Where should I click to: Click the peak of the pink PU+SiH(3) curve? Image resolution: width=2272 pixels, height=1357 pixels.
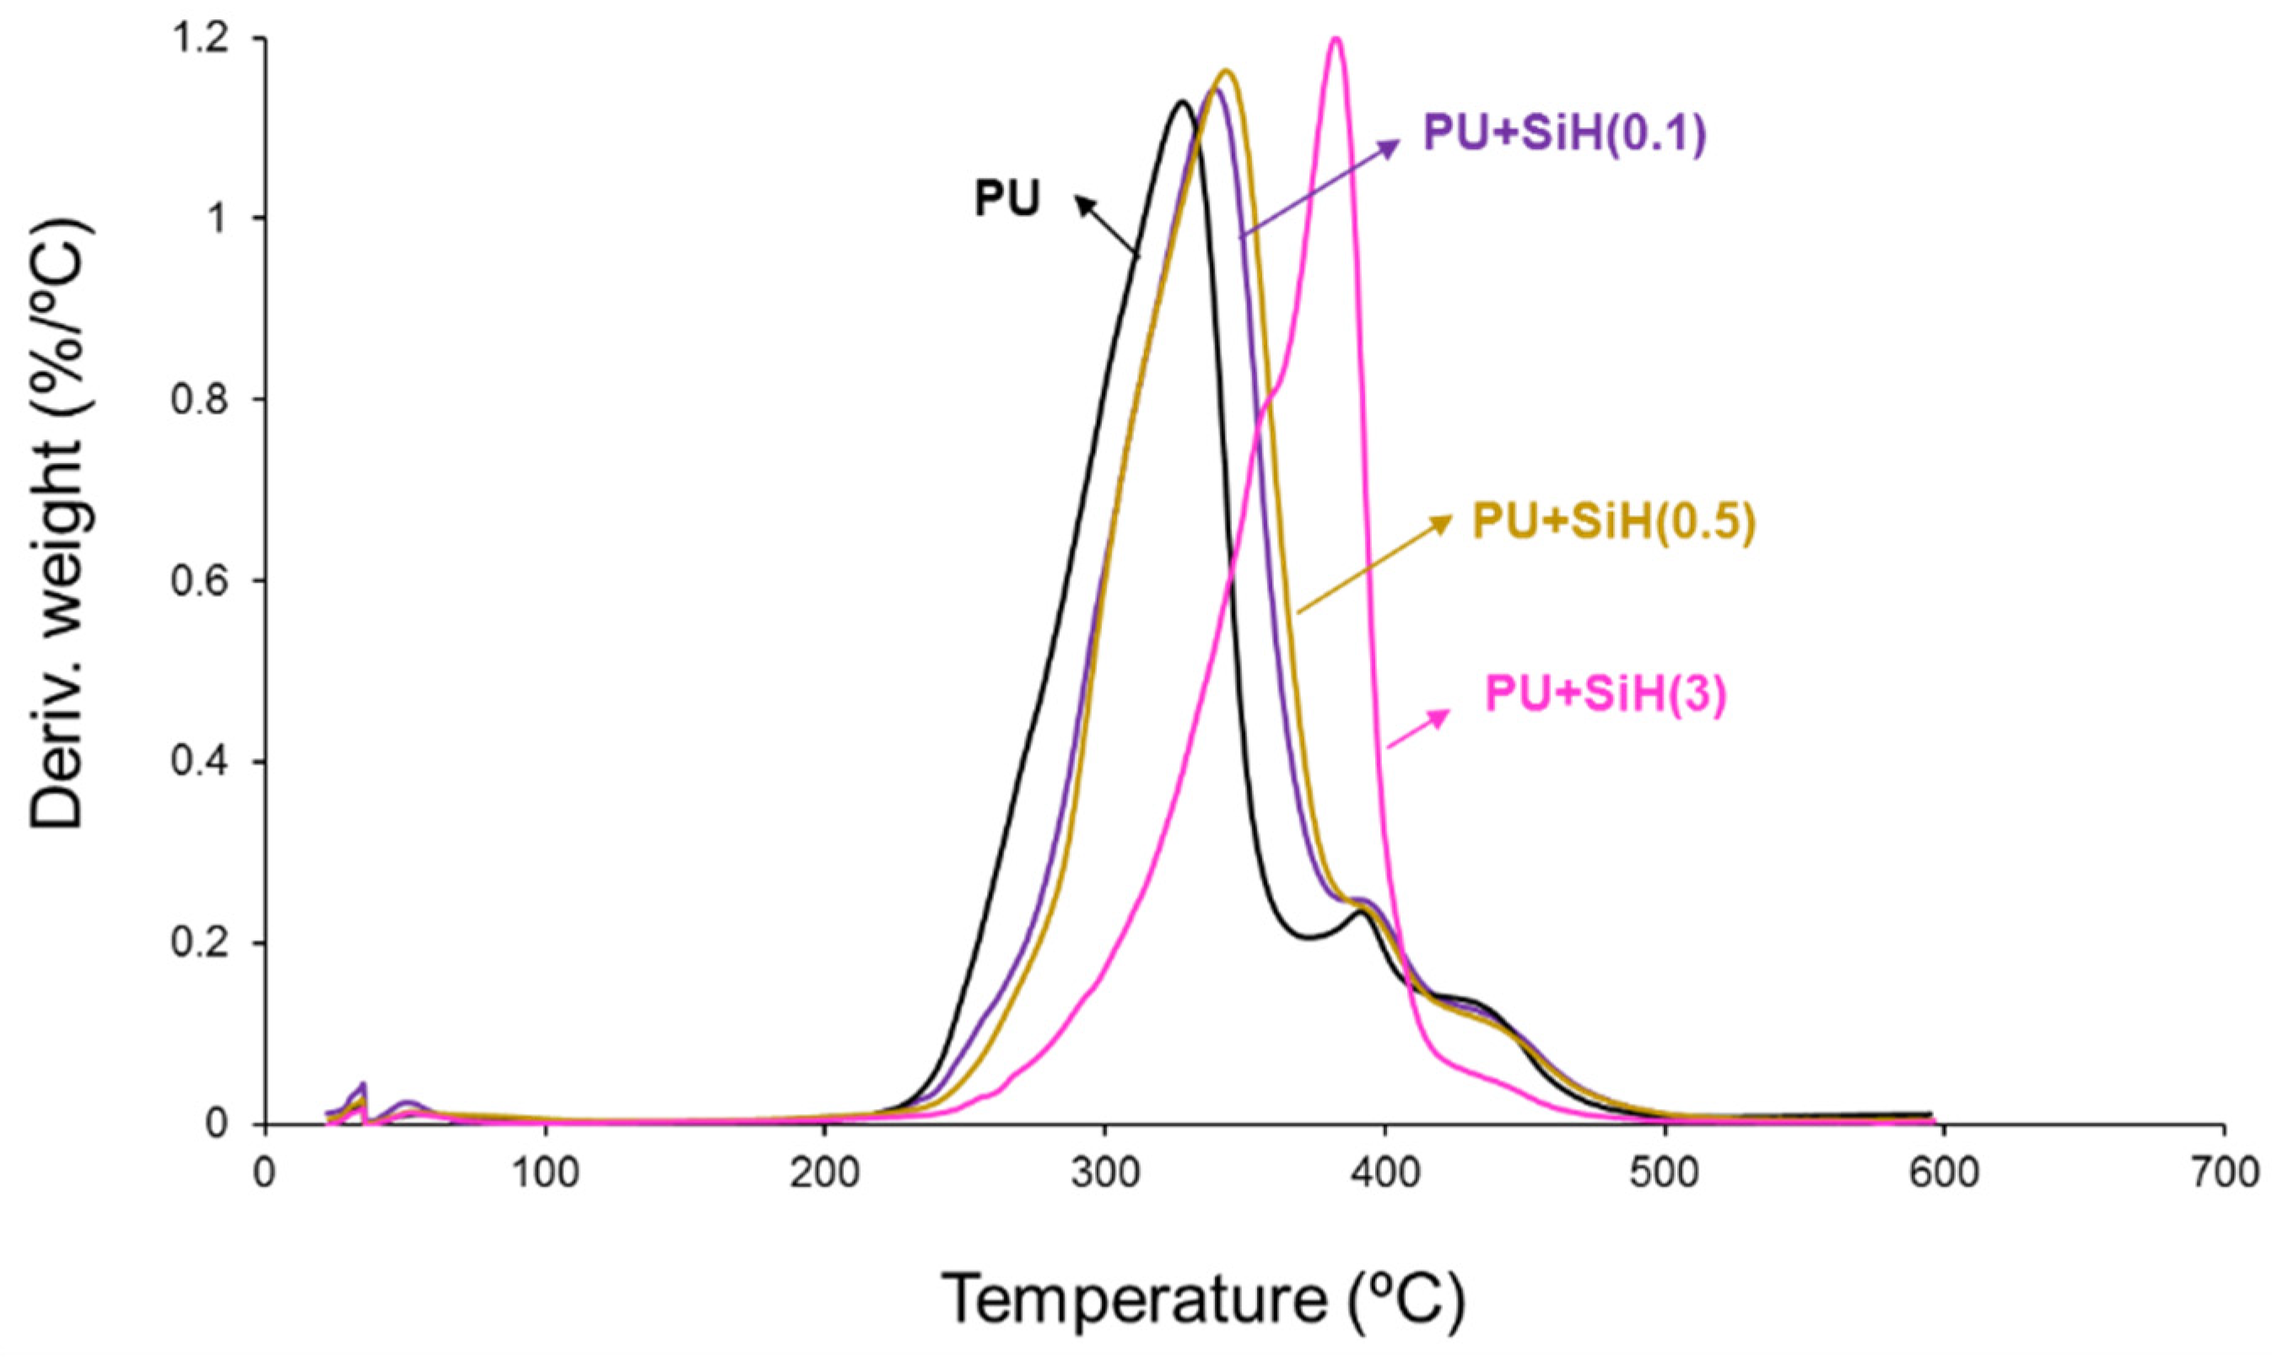[1336, 39]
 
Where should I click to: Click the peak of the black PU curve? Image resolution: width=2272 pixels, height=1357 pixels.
[1182, 101]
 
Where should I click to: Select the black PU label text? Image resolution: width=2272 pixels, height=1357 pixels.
[1007, 199]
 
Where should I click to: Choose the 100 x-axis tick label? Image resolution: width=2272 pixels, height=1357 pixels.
[546, 1173]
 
